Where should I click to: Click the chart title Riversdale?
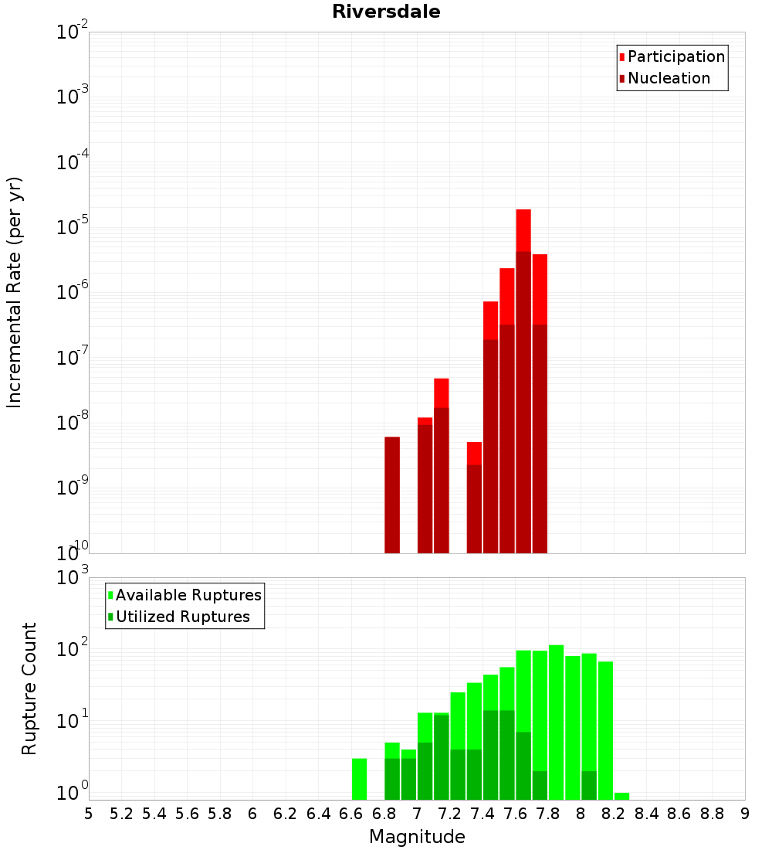point(386,12)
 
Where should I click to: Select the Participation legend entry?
point(672,56)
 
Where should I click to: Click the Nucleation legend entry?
point(665,78)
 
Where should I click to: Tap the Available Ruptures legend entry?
point(185,595)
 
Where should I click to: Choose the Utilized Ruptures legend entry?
point(179,617)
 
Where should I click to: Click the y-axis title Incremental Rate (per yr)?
point(14,293)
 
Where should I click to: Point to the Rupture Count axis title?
point(29,688)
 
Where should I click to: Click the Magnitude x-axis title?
point(417,836)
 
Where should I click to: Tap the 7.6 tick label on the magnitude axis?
point(515,814)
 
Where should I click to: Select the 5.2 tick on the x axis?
point(121,814)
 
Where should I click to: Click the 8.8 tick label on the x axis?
point(712,814)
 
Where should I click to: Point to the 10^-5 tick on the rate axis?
point(72,226)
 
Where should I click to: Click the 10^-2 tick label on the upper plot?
point(72,31)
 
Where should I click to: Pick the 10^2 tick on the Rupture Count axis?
point(72,648)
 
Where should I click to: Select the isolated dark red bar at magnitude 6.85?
point(392,495)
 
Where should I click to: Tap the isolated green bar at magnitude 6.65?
point(359,779)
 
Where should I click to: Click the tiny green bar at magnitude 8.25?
point(622,797)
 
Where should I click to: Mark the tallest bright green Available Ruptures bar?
point(557,722)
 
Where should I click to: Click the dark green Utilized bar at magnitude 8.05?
point(589,786)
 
